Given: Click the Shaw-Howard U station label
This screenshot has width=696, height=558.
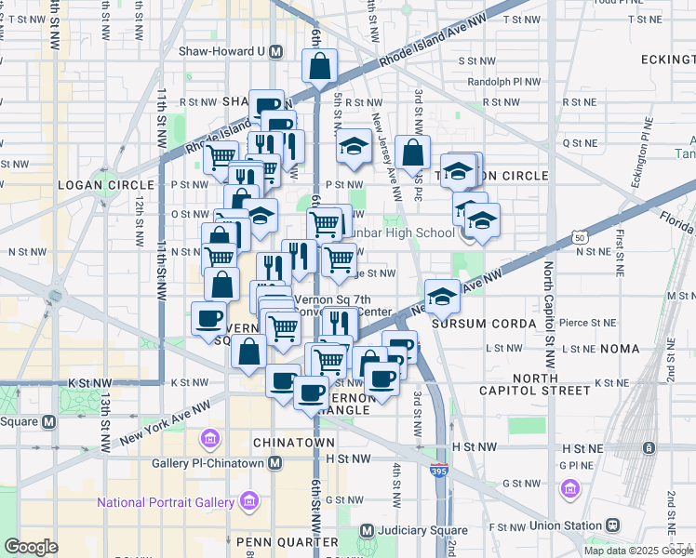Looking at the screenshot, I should click(x=223, y=53).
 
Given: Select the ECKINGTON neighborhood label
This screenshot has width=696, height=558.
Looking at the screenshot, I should click(x=667, y=60).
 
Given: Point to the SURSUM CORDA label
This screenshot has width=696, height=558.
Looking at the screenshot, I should click(x=487, y=324).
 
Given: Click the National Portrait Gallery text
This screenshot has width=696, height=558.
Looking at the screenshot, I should click(x=166, y=503).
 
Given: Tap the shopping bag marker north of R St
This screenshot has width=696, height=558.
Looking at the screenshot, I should click(x=319, y=66).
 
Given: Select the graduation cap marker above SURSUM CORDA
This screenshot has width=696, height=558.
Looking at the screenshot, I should click(x=442, y=296).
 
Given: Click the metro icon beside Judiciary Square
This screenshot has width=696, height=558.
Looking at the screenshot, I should click(x=366, y=531).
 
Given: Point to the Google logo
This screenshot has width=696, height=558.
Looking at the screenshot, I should click(x=32, y=547).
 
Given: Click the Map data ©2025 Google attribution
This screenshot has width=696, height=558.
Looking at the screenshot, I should click(x=638, y=551).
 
